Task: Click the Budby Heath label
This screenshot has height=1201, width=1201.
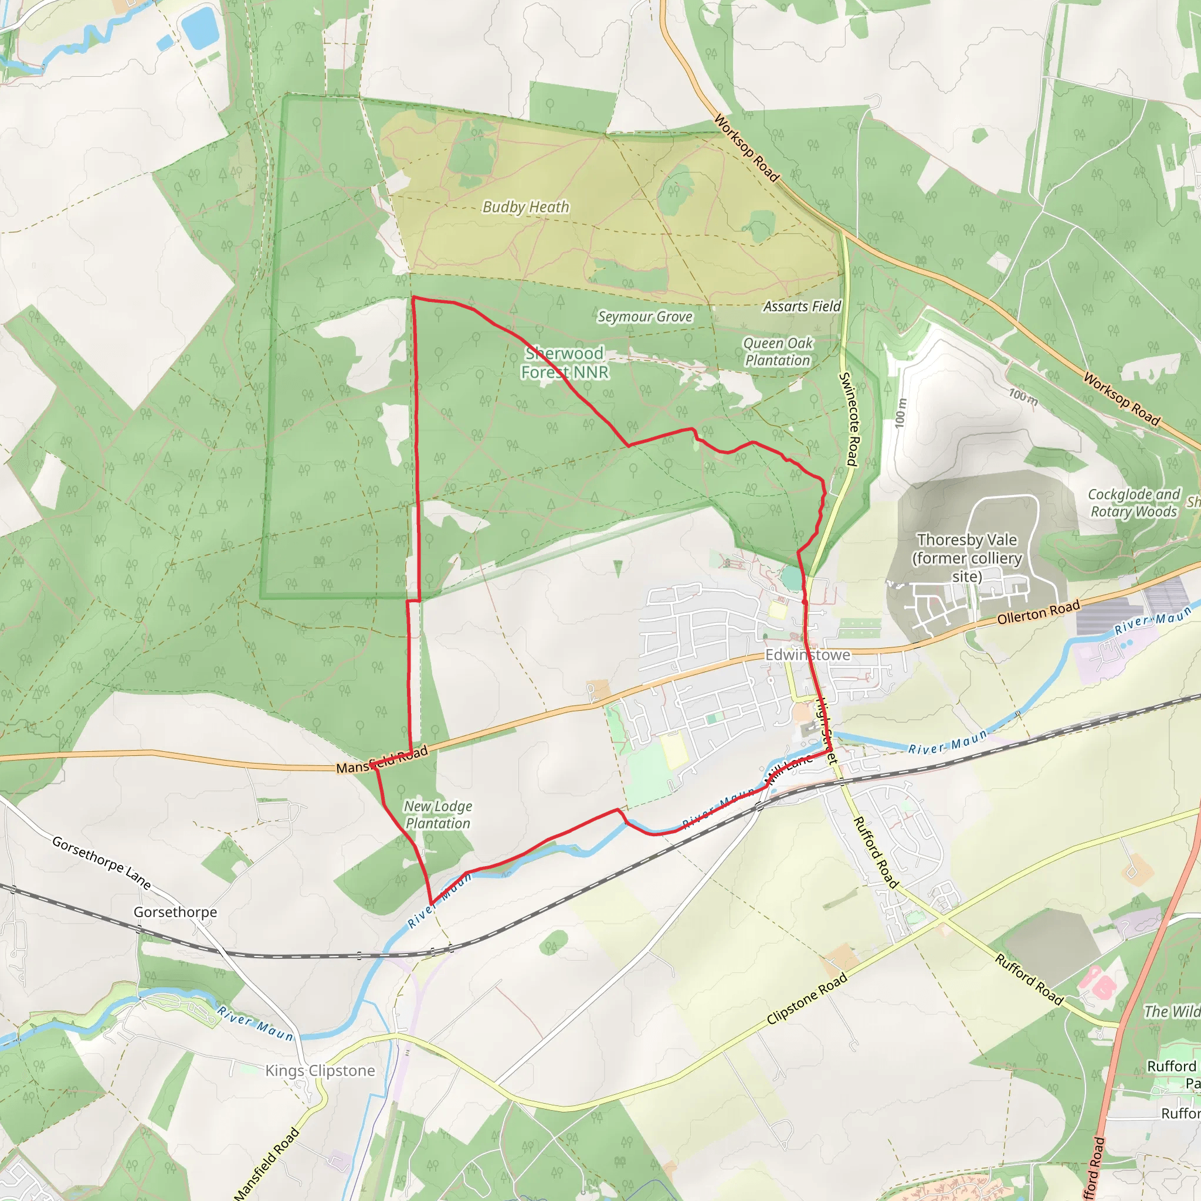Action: click(x=526, y=207)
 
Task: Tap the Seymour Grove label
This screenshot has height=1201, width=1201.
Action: click(x=644, y=317)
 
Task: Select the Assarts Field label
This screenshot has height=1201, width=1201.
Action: click(x=802, y=307)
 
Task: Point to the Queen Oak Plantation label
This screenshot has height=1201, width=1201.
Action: click(x=778, y=352)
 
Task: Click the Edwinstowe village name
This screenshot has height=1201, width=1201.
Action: click(x=808, y=655)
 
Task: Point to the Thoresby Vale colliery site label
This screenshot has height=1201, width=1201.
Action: click(x=967, y=558)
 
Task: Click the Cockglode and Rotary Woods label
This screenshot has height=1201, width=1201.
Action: click(x=1134, y=503)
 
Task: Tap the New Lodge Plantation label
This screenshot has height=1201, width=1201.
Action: click(x=437, y=815)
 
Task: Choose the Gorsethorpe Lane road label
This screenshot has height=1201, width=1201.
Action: click(x=101, y=863)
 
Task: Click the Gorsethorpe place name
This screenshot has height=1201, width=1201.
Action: click(x=175, y=912)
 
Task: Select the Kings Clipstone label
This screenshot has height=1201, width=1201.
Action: click(x=320, y=1070)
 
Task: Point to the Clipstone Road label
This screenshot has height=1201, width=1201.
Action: click(x=807, y=998)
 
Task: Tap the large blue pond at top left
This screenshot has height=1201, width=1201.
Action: click(x=198, y=28)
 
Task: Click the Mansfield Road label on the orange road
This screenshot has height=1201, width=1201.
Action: click(x=382, y=759)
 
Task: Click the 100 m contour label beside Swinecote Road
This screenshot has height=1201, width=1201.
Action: click(x=901, y=412)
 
